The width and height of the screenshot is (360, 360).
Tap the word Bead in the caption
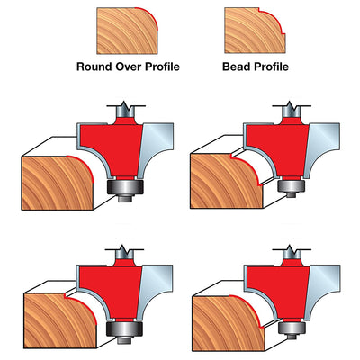[235, 67]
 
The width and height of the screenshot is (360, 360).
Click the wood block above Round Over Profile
[127, 31]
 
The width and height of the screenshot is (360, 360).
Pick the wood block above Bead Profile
[255, 31]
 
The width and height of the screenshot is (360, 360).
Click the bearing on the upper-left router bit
[125, 187]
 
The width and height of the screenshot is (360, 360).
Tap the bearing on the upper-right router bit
[292, 186]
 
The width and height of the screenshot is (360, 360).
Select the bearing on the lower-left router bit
[124, 329]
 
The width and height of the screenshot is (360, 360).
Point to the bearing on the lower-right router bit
[292, 328]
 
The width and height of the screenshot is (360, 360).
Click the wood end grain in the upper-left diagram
[57, 184]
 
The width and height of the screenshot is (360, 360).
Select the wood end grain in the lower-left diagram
[59, 321]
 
